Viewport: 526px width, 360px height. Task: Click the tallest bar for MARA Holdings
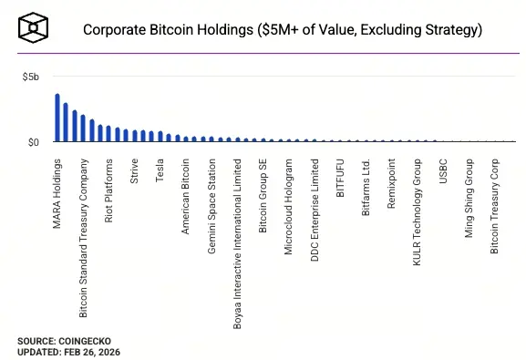[57, 118]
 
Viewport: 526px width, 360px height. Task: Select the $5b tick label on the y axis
[31, 78]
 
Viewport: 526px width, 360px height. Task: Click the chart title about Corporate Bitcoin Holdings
[282, 30]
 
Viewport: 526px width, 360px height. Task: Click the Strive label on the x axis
[135, 170]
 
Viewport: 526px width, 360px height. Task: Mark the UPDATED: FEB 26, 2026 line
[68, 352]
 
